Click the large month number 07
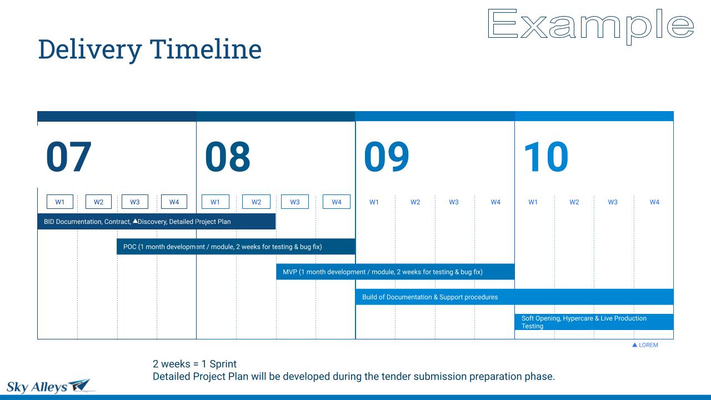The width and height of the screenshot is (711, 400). (x=69, y=157)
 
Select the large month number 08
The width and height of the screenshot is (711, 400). (x=228, y=157)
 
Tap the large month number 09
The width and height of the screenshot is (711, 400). (x=386, y=157)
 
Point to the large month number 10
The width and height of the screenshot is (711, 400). (x=546, y=157)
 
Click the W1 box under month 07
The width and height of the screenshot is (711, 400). (x=59, y=202)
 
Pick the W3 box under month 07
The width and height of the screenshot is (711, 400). (x=135, y=202)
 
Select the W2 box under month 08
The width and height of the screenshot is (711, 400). (x=256, y=202)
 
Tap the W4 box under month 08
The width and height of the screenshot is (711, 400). (x=337, y=202)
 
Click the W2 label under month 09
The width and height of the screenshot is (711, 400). (x=415, y=202)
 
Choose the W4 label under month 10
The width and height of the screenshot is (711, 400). (x=654, y=202)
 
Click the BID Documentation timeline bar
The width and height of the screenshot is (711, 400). (x=157, y=222)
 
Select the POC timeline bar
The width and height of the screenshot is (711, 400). (x=236, y=247)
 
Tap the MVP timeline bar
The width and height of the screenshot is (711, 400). (x=395, y=272)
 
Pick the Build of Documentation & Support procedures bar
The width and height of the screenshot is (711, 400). (x=514, y=297)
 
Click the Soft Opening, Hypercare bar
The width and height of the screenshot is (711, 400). (x=594, y=322)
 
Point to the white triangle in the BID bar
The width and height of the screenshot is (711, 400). (x=135, y=221)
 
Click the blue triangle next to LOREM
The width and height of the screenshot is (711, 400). (x=634, y=345)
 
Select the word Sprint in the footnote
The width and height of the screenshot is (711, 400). (x=223, y=364)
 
